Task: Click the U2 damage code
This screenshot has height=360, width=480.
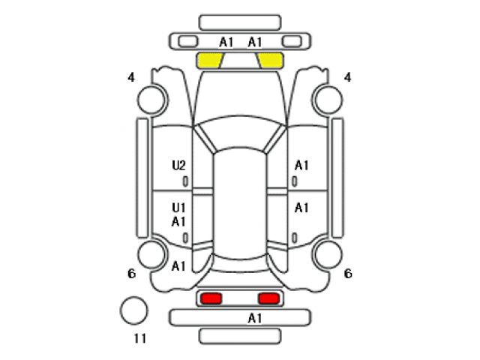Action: [178, 166]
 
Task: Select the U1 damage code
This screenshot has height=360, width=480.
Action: [178, 208]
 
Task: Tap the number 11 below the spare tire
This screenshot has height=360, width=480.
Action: [140, 338]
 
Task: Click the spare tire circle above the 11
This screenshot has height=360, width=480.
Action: [133, 310]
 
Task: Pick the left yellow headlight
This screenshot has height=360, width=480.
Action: [209, 60]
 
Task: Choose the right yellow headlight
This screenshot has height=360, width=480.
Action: [270, 60]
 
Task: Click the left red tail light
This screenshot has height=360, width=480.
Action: [211, 298]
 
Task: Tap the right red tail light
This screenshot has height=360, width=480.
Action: [268, 298]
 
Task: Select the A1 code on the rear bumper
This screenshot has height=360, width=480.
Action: [255, 318]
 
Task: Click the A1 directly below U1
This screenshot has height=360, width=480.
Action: [178, 221]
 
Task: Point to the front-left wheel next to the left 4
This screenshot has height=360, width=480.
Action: [152, 100]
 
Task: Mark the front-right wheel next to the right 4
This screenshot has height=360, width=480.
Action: [328, 100]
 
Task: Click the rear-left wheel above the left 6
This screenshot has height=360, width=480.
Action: [152, 255]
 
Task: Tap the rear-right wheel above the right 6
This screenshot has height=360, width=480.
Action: [328, 255]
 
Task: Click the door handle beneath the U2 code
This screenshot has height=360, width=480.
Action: [185, 181]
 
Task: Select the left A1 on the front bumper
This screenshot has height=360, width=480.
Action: [226, 43]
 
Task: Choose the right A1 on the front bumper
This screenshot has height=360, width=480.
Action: [255, 43]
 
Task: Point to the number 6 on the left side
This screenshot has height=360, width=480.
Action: [132, 274]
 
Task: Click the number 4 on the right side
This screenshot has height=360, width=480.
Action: [347, 77]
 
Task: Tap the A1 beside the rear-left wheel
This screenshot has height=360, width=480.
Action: [178, 266]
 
